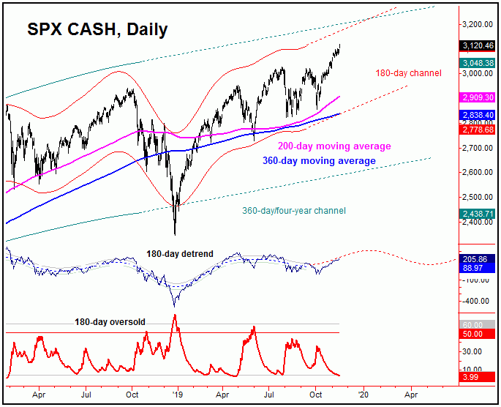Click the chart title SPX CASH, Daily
pyautogui.click(x=97, y=30)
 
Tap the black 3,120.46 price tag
pyautogui.click(x=478, y=45)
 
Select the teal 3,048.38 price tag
pyautogui.click(x=478, y=63)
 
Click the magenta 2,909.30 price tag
pyautogui.click(x=478, y=97)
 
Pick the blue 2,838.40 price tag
pyautogui.click(x=478, y=115)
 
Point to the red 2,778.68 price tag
pyautogui.click(x=478, y=130)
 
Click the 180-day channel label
pyautogui.click(x=407, y=73)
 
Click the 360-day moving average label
pyautogui.click(x=320, y=161)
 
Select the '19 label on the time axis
pyautogui.click(x=178, y=392)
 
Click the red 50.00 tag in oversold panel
pyautogui.click(x=478, y=334)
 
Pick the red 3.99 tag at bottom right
pyautogui.click(x=478, y=376)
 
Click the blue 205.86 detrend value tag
pyautogui.click(x=478, y=259)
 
